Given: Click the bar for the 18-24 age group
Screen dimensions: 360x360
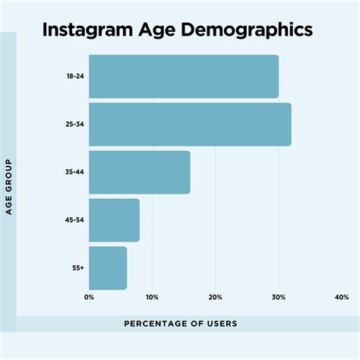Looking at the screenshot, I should click(x=183, y=77).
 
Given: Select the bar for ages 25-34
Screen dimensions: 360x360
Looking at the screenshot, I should click(x=190, y=125).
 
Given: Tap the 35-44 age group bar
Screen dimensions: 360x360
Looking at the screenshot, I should click(x=139, y=172).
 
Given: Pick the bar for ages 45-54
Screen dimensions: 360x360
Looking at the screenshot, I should click(x=114, y=220).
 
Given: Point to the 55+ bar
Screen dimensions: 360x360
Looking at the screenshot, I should click(x=108, y=267).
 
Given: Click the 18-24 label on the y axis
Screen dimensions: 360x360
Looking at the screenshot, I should click(x=74, y=77).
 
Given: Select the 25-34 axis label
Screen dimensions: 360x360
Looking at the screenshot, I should click(x=74, y=125).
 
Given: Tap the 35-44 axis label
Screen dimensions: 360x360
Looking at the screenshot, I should click(x=74, y=172).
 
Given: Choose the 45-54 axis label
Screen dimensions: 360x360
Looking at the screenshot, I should click(x=74, y=220).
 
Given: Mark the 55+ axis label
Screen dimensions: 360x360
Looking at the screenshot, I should click(x=77, y=267).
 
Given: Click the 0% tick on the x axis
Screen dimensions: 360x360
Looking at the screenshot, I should click(x=89, y=297).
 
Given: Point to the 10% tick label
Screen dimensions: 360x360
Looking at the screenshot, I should click(x=152, y=297).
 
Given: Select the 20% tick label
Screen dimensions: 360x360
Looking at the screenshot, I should click(x=215, y=297).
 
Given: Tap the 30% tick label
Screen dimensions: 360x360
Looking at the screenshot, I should click(x=278, y=297).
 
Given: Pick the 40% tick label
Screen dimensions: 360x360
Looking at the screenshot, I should click(x=341, y=297).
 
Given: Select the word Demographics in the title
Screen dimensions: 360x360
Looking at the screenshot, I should click(x=248, y=30).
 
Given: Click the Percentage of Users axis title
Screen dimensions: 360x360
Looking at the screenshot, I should click(x=181, y=324).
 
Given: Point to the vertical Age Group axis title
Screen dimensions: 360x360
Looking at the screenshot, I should click(x=8, y=187).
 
